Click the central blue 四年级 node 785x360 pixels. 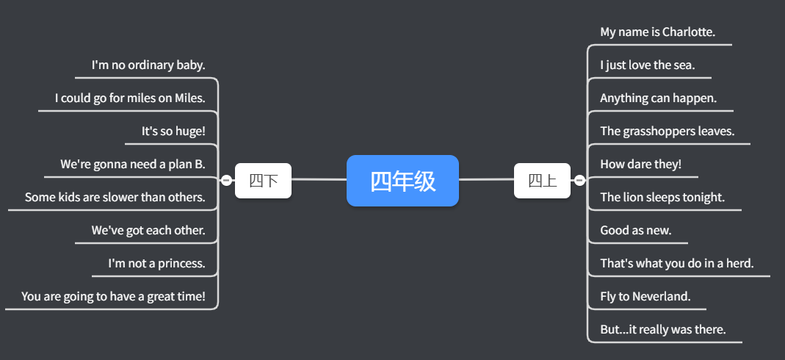click(x=402, y=181)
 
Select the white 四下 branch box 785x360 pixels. click(x=263, y=181)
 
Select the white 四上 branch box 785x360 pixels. click(x=542, y=181)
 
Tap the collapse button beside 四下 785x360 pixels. click(x=226, y=180)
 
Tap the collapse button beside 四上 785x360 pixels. click(x=579, y=180)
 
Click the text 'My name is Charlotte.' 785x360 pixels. click(x=657, y=32)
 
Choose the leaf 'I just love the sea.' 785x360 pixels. click(x=647, y=65)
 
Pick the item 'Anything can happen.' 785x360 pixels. click(x=658, y=98)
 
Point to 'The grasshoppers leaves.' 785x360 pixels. click(x=667, y=132)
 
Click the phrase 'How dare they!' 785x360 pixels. click(x=640, y=165)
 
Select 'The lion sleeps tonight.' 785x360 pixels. click(x=662, y=197)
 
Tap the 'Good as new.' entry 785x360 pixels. click(x=635, y=230)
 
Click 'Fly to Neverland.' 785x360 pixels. click(x=645, y=296)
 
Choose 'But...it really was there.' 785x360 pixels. click(x=662, y=329)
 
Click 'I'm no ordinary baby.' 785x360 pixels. click(x=148, y=65)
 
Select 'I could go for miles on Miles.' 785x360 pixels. click(x=130, y=98)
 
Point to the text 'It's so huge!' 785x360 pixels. click(x=173, y=132)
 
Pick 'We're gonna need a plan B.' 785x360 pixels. click(x=132, y=165)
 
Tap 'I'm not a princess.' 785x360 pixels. click(x=156, y=263)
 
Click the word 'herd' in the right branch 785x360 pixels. click(x=738, y=263)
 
